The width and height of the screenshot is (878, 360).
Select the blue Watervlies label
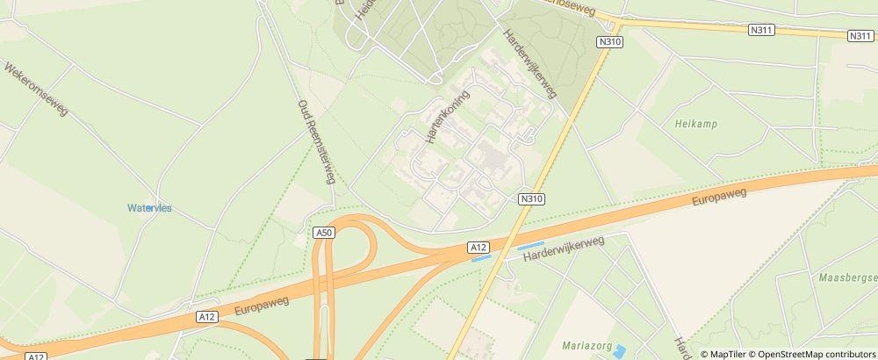(150, 208)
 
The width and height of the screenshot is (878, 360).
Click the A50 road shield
(324, 232)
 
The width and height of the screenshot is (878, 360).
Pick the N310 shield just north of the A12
(532, 198)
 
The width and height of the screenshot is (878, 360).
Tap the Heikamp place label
(696, 125)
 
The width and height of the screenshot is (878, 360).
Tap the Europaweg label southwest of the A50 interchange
(263, 304)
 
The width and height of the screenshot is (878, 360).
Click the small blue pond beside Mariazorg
(620, 351)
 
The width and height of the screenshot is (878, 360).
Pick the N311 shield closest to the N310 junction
(760, 30)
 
